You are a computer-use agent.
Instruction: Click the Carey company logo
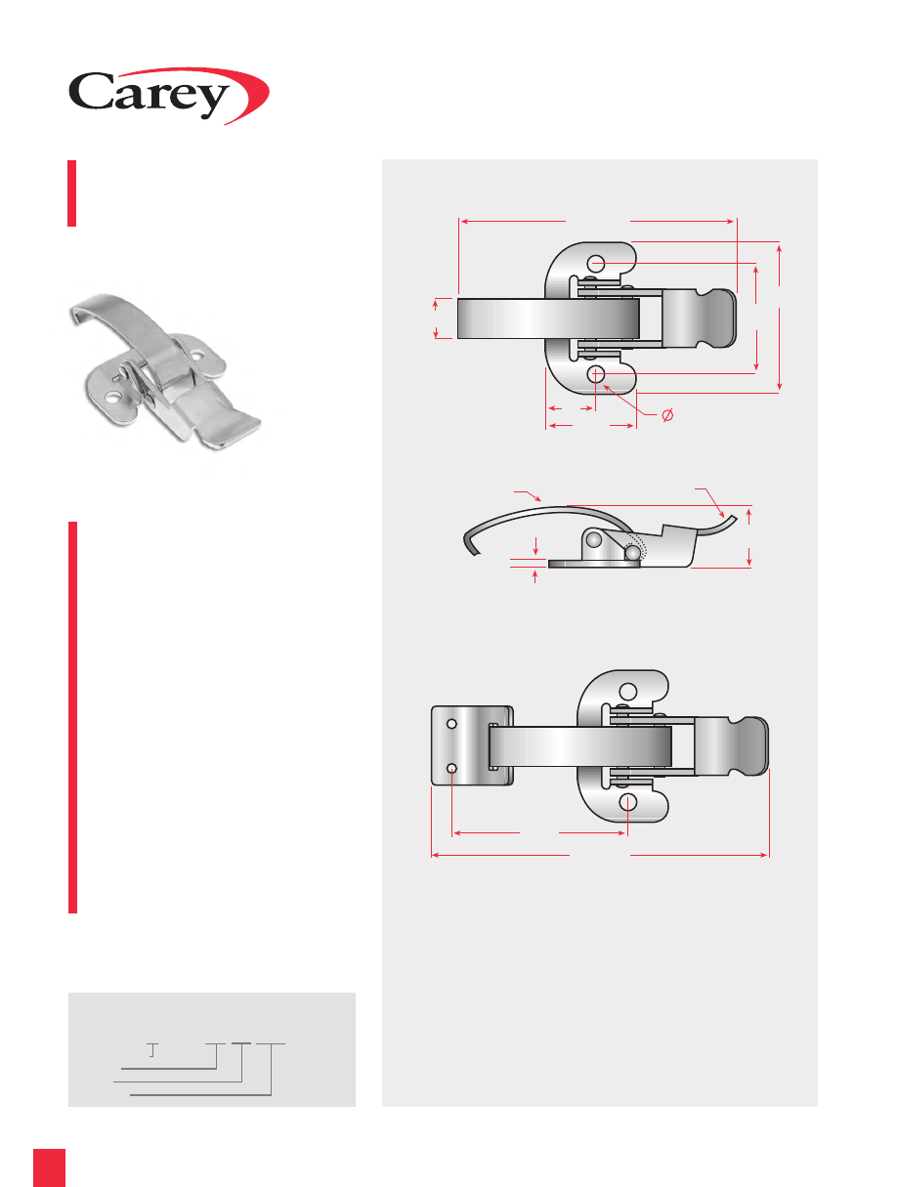pos(168,96)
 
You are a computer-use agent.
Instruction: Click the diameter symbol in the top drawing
pos(667,415)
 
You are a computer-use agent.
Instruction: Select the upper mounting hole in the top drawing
pos(596,264)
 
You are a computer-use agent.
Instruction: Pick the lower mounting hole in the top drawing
pos(596,373)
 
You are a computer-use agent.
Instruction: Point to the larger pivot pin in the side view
pos(594,539)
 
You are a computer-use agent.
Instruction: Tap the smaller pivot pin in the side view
pos(631,553)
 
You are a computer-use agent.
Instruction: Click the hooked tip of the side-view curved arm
pos(470,544)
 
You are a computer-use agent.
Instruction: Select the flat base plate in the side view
pos(594,564)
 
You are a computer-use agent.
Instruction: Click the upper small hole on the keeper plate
pos(451,724)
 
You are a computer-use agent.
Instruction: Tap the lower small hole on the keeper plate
pos(451,769)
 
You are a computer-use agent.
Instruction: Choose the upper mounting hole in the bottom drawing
pos(627,692)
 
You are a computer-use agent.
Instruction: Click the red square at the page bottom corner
pos(49,1167)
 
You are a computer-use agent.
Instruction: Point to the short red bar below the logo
pos(71,193)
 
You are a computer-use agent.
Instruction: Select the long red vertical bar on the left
pos(72,717)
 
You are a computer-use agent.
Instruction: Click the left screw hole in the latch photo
pos(112,399)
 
